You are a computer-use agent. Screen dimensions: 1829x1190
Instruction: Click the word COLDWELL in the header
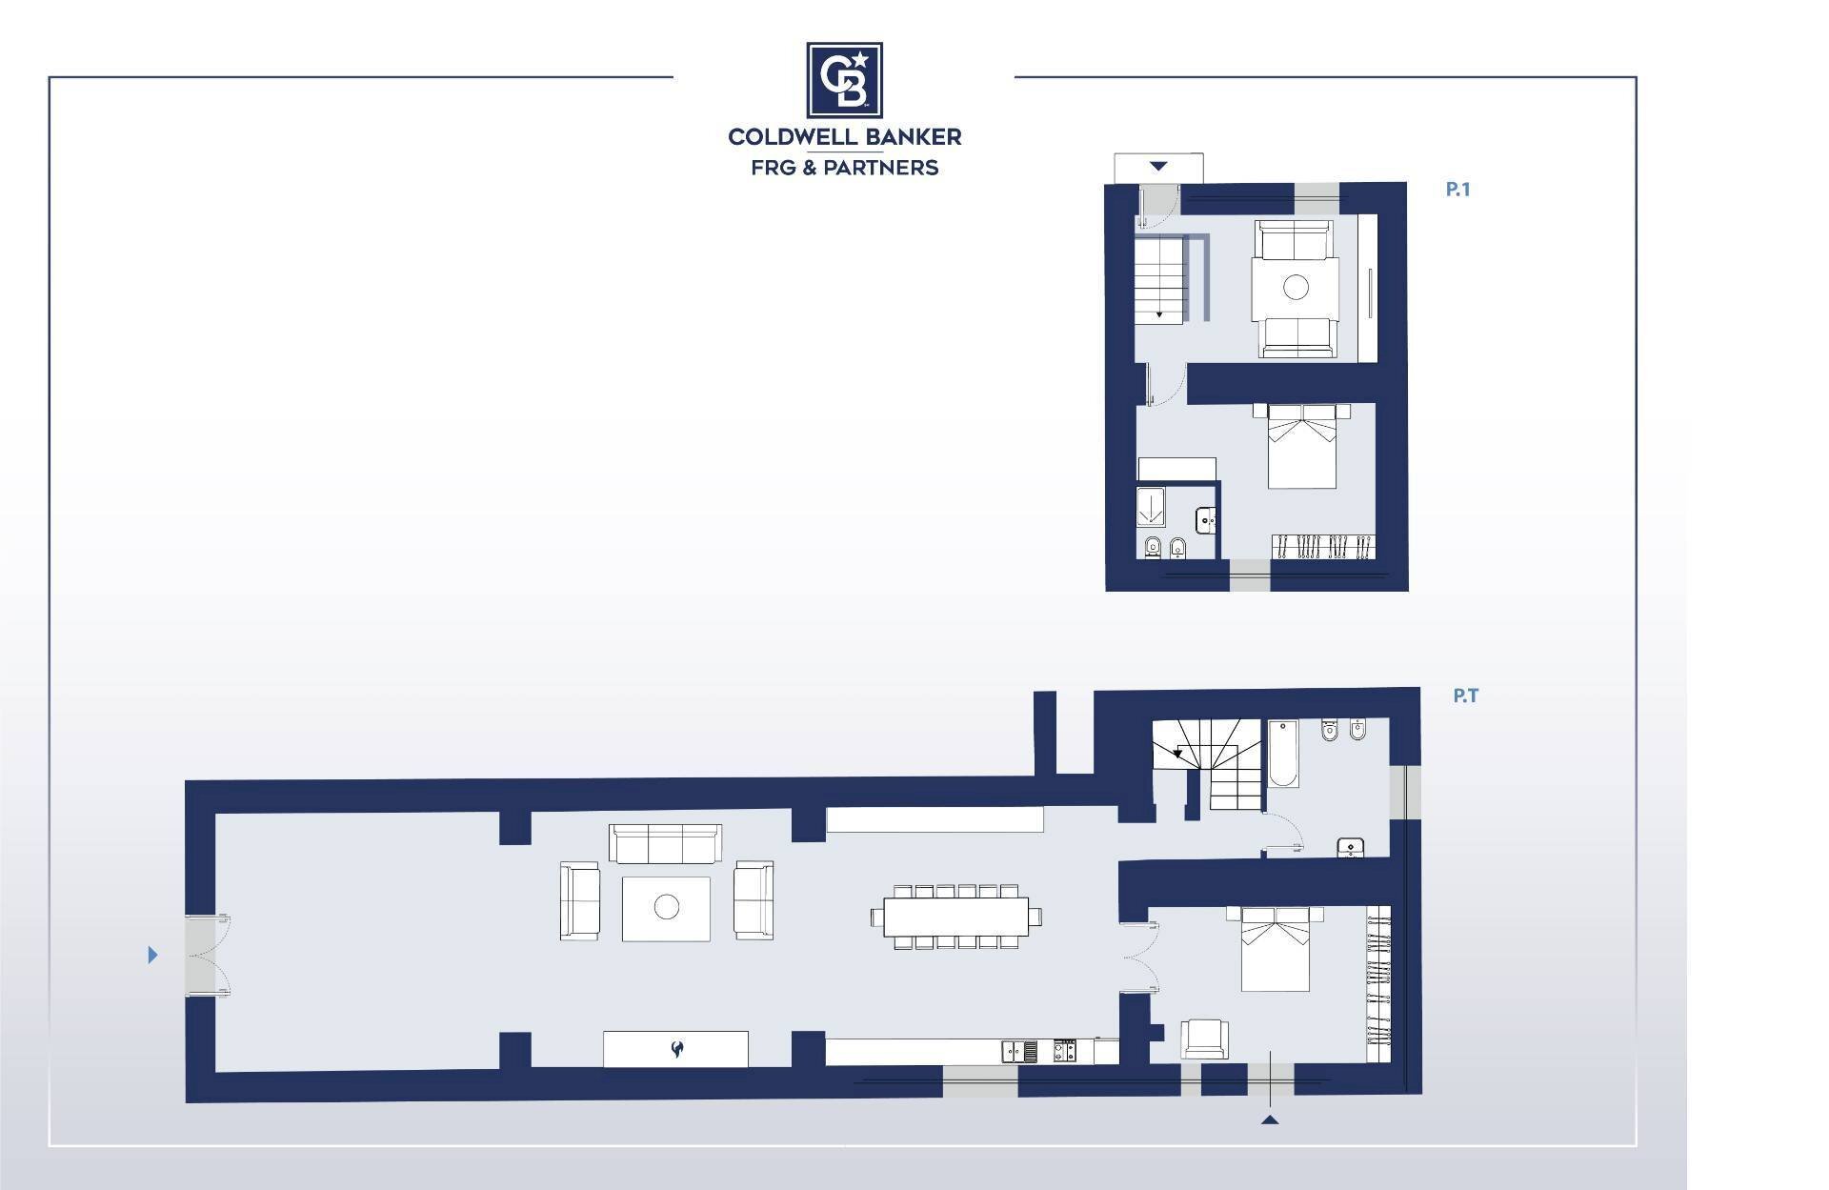coord(789,137)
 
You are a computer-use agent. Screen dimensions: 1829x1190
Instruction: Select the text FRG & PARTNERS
coord(845,168)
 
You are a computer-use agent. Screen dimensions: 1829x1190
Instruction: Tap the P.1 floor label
coord(1457,190)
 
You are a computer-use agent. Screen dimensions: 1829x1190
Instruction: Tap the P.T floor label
coord(1465,696)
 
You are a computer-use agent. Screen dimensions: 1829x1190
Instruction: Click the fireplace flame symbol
coord(676,1050)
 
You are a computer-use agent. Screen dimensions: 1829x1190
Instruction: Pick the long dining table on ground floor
coord(955,917)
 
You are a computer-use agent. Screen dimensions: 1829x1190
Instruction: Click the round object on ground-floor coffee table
coord(667,907)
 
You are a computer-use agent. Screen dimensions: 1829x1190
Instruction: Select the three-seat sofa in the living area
coord(665,843)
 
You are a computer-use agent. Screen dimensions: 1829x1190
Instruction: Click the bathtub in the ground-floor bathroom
coord(1283,754)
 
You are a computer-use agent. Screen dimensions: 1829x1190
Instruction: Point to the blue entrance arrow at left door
coord(152,955)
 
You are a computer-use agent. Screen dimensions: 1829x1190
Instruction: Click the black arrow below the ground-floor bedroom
coord(1270,1119)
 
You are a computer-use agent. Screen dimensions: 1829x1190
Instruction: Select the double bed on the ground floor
coord(1275,949)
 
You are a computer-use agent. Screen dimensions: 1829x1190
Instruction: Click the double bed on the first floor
coord(1301,446)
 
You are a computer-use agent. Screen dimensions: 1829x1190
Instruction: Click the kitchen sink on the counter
coord(1019,1052)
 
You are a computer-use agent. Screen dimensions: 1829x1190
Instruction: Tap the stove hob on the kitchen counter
coord(1065,1052)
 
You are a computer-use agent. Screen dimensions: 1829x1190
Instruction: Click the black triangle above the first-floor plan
coord(1157,167)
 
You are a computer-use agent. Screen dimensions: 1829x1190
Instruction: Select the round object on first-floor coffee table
coord(1296,287)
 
